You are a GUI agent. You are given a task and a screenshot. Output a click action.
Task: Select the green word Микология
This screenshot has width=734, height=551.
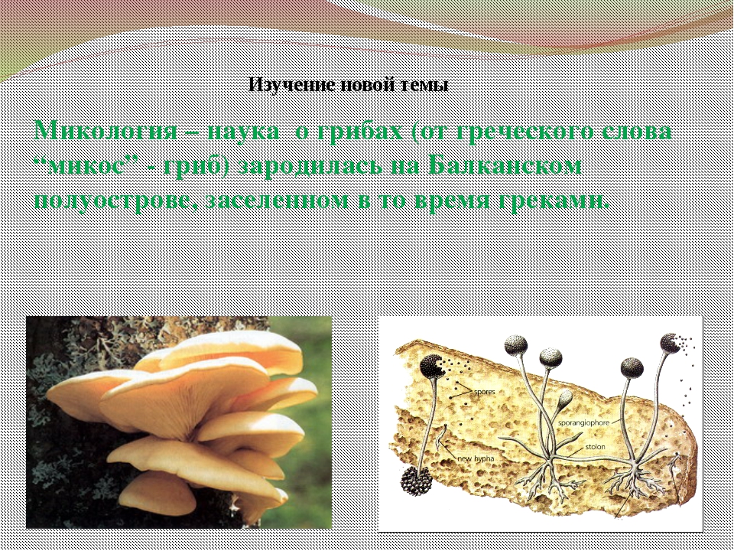[x=106, y=130]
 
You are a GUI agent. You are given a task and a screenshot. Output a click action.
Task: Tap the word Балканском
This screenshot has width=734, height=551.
[x=505, y=165]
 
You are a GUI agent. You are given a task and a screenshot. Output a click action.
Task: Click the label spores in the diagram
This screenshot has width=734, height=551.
[x=484, y=392]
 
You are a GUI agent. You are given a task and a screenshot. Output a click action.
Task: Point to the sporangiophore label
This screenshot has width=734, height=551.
[x=583, y=422]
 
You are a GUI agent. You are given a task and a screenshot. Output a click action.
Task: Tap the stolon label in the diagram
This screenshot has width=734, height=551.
[x=595, y=446]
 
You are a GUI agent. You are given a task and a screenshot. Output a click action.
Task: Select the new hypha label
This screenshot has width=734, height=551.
[x=475, y=458]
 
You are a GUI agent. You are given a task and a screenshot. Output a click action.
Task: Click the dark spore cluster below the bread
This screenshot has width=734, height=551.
[x=417, y=481]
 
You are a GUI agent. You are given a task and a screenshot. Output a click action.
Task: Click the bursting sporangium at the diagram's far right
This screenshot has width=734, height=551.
[x=670, y=343]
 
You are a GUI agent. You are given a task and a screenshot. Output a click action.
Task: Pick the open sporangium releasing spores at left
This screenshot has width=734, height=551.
[x=431, y=366]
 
